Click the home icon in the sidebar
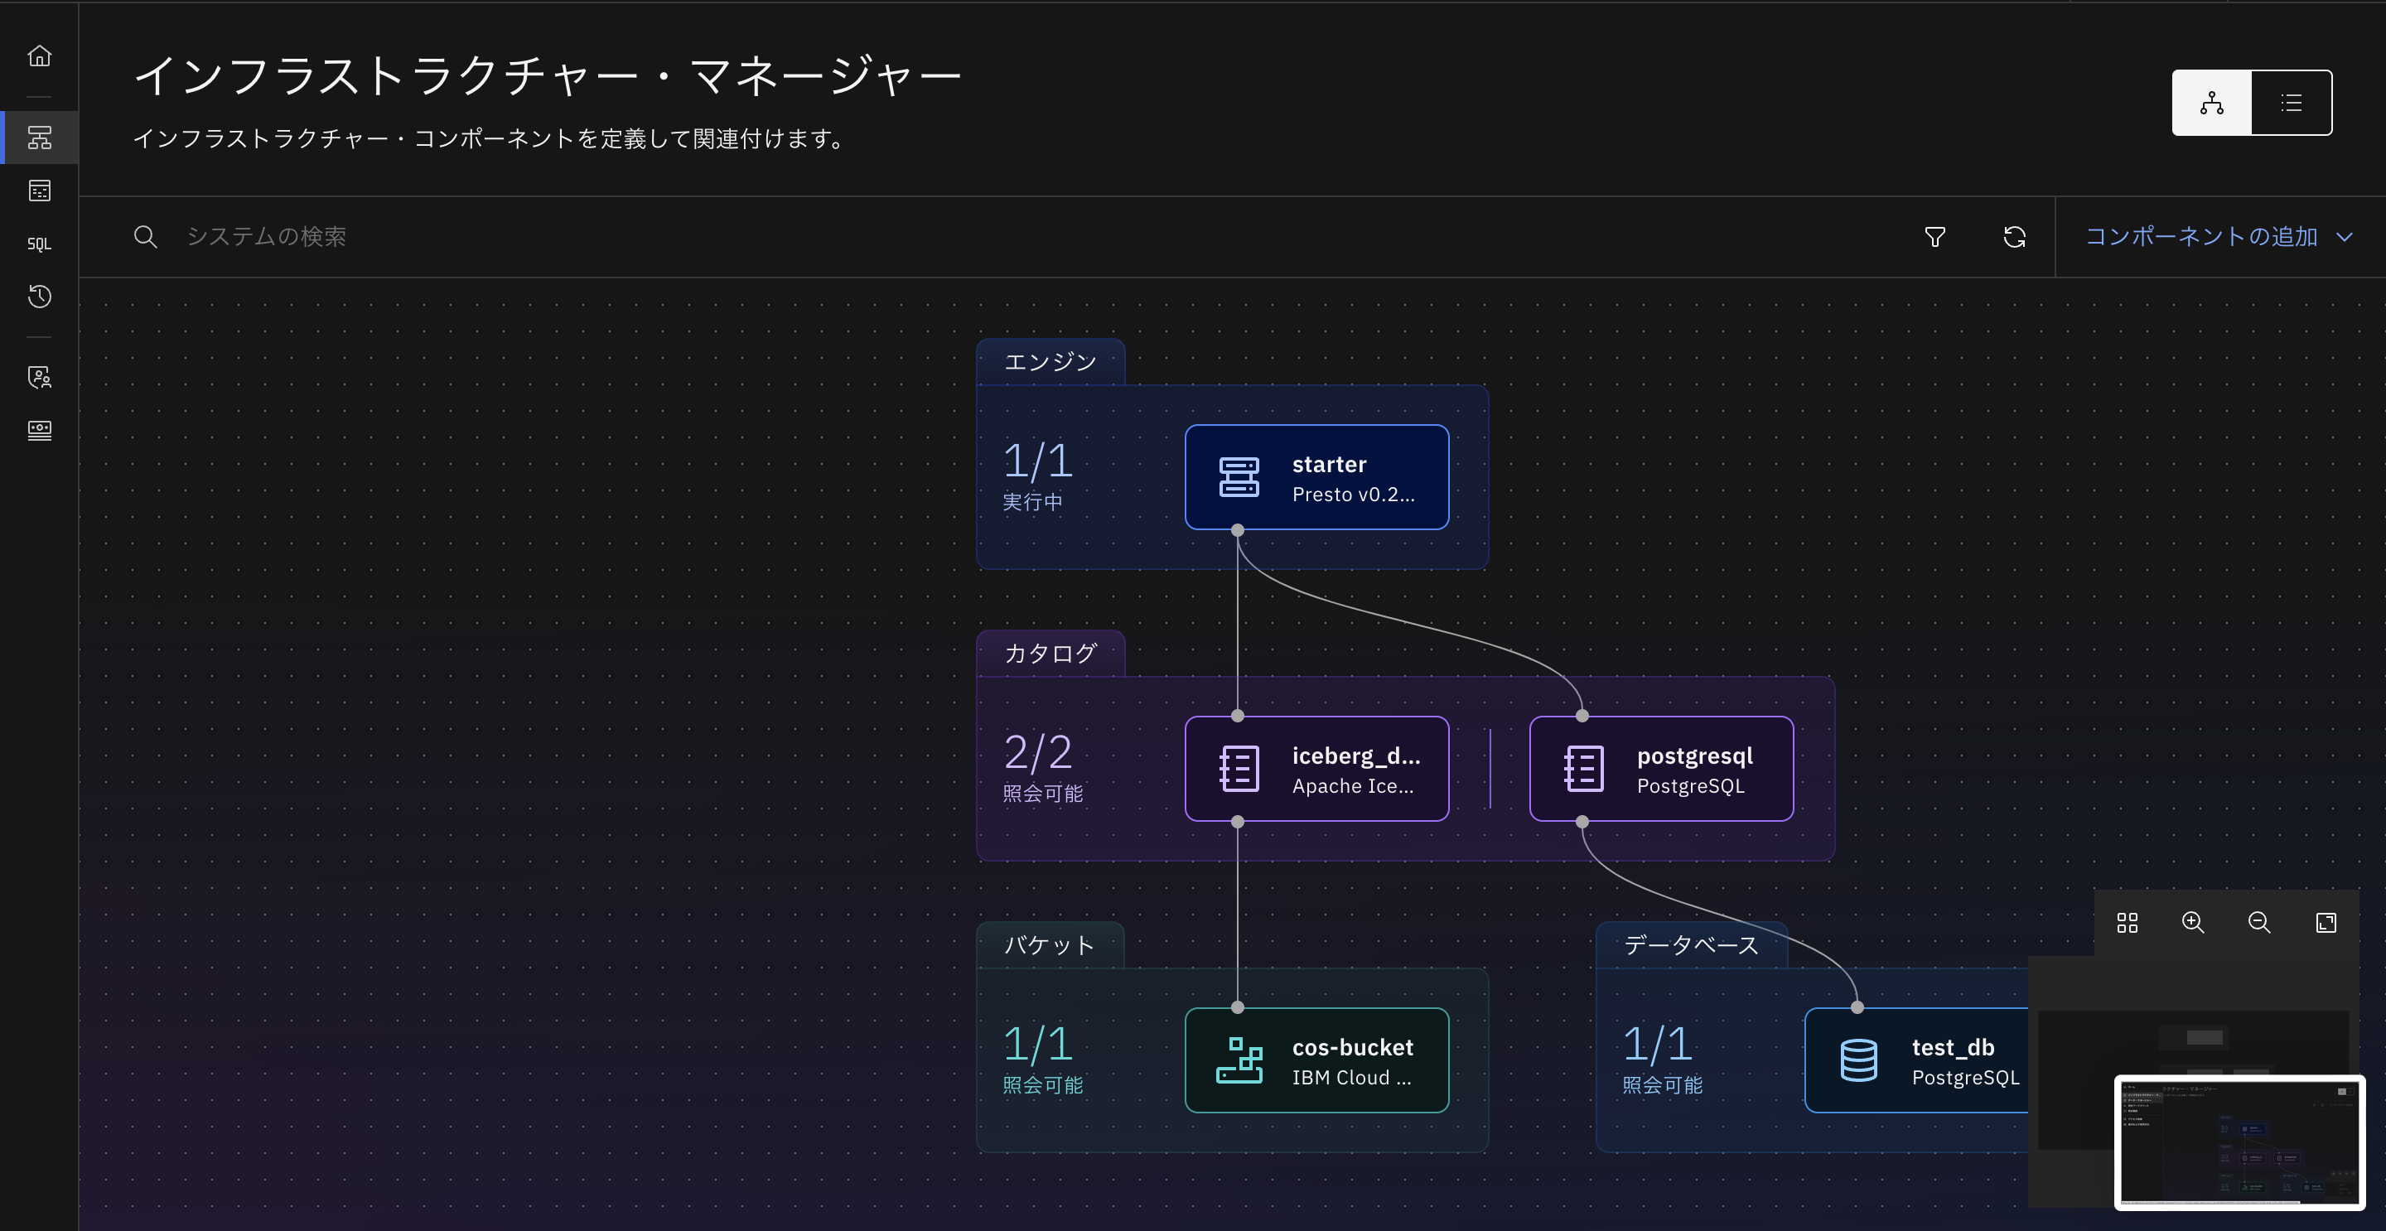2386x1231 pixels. [x=39, y=56]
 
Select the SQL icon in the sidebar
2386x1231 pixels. [x=39, y=244]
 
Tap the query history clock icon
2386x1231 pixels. [x=39, y=297]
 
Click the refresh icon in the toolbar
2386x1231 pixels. [x=2014, y=237]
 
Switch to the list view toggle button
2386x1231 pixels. [x=2291, y=103]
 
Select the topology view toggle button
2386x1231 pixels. [x=2211, y=103]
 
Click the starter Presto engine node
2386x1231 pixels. [x=1316, y=477]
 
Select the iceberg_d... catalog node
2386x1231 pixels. [x=1316, y=769]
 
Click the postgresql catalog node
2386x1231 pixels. [x=1661, y=769]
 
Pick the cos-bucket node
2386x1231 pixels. [x=1316, y=1060]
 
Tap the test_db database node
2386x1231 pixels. [x=1917, y=1060]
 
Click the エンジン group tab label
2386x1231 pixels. [x=1051, y=362]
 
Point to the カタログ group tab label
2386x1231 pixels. [x=1051, y=654]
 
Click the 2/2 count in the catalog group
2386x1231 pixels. [x=1037, y=752]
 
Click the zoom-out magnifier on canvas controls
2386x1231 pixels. [x=2259, y=923]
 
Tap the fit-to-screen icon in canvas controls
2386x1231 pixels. [x=2326, y=923]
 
